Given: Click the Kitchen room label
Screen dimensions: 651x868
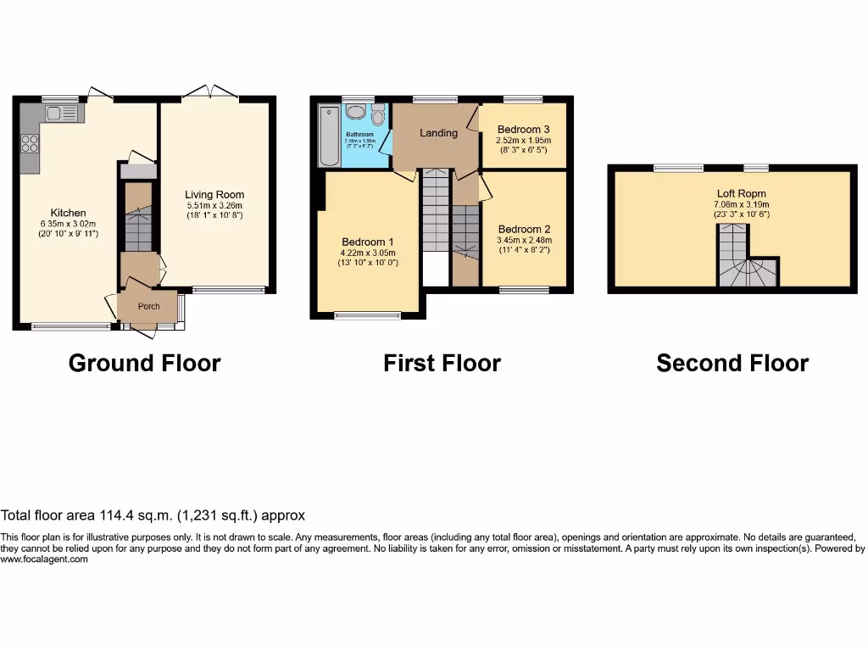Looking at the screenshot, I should click(x=68, y=213).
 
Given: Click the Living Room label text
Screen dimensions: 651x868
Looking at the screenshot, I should click(x=214, y=195).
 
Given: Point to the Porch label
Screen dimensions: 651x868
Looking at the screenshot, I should click(x=149, y=306).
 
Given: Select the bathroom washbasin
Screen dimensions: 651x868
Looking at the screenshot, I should click(x=357, y=114).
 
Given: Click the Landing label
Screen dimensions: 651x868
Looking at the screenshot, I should click(x=438, y=133).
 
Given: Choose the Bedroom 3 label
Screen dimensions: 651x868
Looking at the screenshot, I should click(x=524, y=130).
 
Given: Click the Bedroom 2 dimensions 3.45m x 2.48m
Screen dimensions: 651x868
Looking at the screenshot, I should click(x=524, y=240).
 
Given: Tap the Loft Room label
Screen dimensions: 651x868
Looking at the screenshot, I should click(x=741, y=193).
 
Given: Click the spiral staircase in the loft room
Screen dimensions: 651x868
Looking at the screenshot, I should click(x=747, y=271).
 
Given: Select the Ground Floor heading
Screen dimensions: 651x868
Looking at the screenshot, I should click(x=144, y=364).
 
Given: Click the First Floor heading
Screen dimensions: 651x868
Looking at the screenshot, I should click(x=442, y=364).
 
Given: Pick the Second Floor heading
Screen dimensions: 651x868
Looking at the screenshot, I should click(x=732, y=364).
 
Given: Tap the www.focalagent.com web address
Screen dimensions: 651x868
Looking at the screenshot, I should click(x=44, y=559).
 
